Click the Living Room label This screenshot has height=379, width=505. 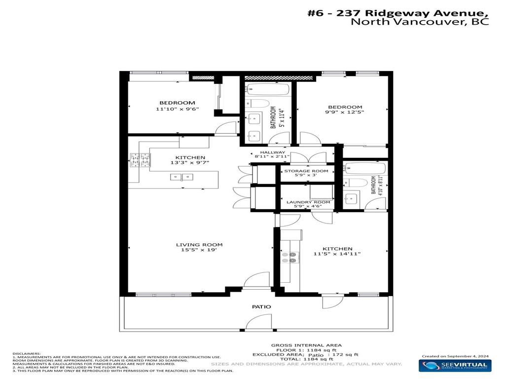point(199,245)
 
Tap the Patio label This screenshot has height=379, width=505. point(261,306)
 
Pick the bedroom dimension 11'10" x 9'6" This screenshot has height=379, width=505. point(177,110)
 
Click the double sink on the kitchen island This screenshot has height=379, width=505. point(182,177)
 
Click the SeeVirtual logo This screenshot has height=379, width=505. point(455,366)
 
